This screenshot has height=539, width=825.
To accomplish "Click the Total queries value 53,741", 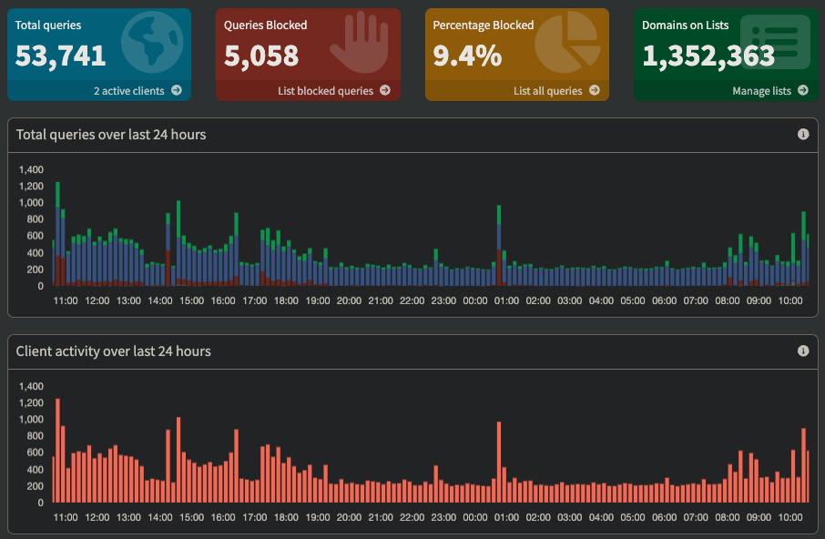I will click(61, 56).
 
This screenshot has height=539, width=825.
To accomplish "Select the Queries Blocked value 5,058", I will click(261, 56).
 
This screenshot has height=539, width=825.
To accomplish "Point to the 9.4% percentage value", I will click(467, 56).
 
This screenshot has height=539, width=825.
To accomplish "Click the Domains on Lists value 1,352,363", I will click(708, 56).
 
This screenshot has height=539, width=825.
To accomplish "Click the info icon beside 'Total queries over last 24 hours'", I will click(803, 134).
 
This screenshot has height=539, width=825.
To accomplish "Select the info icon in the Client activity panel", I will click(803, 351).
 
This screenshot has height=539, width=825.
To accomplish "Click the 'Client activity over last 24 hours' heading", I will click(113, 351).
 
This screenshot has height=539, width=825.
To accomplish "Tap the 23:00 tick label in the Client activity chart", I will click(443, 517).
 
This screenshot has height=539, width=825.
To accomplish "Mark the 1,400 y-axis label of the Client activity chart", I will click(31, 386).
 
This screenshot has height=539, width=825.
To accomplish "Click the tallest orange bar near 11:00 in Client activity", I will click(57, 450).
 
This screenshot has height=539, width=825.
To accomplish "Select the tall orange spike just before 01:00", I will click(499, 462).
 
